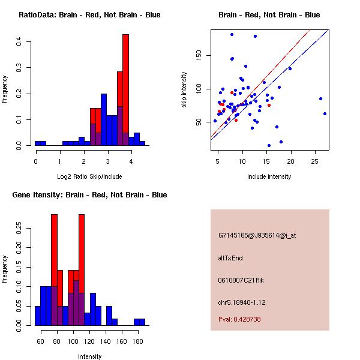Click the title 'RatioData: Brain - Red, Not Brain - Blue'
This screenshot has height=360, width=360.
click(89, 15)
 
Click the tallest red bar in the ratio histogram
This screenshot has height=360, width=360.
click(126, 90)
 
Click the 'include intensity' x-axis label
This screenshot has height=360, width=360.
click(269, 176)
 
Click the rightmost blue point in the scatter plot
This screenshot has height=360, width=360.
click(325, 113)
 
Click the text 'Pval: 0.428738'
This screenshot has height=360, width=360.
click(239, 320)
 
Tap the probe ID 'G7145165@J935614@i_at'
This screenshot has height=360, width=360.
click(257, 235)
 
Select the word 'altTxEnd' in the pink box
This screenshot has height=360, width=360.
click(230, 258)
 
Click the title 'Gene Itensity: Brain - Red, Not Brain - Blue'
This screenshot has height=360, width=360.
click(89, 195)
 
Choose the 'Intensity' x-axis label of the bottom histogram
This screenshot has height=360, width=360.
click(89, 356)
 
